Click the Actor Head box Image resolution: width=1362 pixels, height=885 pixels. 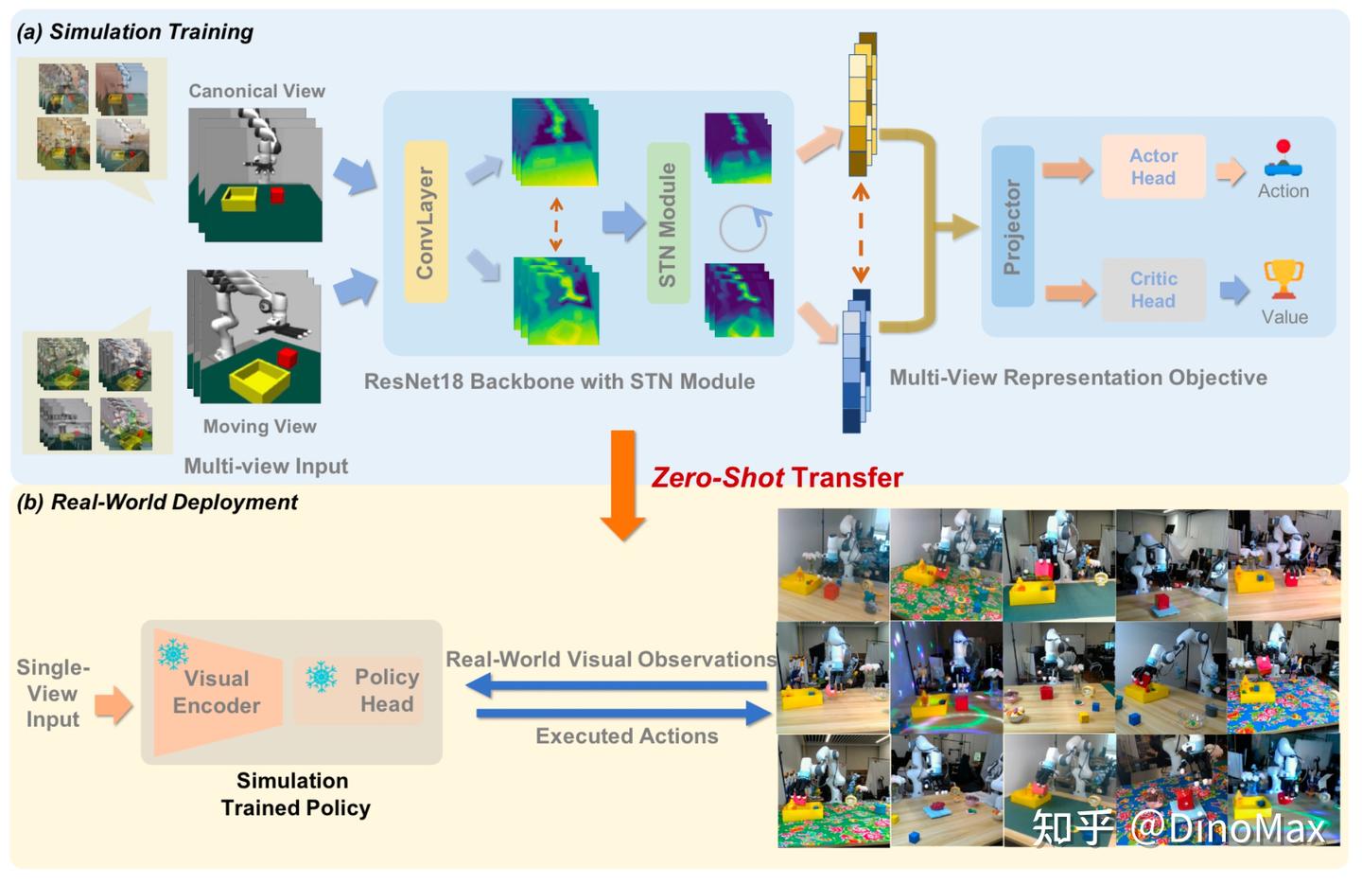click(1153, 167)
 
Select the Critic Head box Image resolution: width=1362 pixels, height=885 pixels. click(1153, 290)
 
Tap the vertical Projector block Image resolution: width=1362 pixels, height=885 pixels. click(1012, 227)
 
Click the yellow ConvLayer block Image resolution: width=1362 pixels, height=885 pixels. click(425, 222)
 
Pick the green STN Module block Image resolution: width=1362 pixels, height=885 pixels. click(668, 224)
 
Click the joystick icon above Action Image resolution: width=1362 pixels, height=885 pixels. click(1283, 159)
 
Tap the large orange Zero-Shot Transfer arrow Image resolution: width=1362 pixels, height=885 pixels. click(622, 483)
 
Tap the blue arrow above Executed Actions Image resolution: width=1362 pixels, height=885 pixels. click(624, 712)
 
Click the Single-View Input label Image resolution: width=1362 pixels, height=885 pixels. click(53, 693)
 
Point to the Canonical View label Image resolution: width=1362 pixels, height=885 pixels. click(256, 91)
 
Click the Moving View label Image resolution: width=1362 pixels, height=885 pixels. click(259, 426)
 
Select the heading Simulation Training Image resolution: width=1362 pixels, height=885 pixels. click(135, 31)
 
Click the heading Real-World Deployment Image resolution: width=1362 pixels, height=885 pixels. click(157, 502)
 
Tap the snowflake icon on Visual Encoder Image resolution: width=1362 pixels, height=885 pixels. click(172, 653)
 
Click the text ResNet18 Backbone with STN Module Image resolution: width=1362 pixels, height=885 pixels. click(559, 381)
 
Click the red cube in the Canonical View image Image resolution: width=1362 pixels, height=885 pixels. click(277, 195)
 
